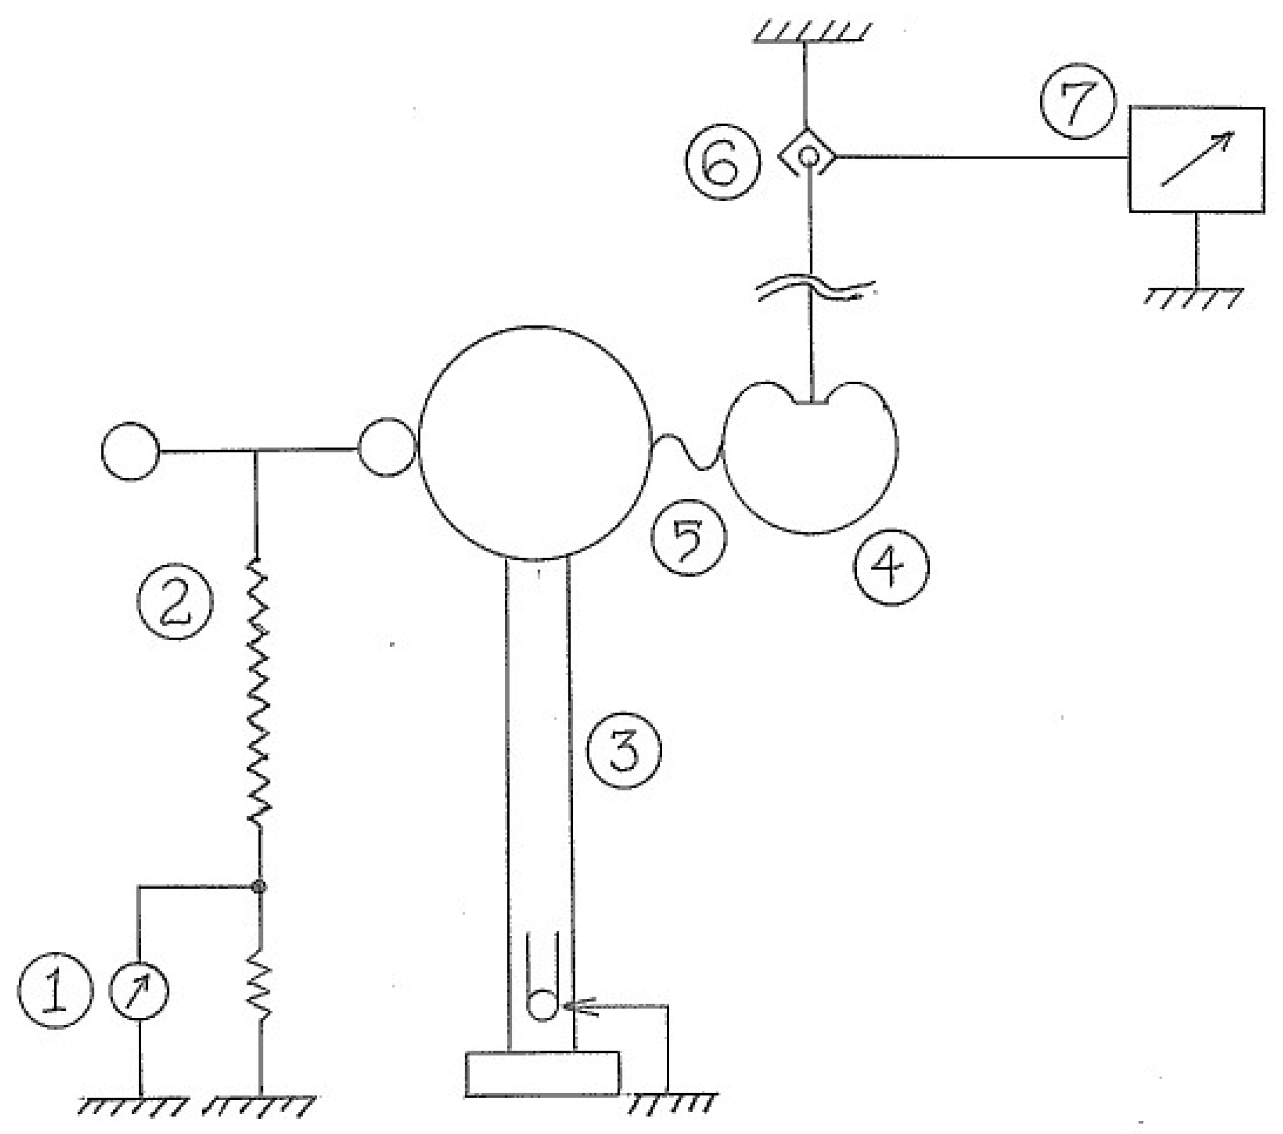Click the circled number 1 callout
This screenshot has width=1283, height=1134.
55,990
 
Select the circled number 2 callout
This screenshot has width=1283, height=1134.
175,601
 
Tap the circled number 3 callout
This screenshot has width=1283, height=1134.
624,750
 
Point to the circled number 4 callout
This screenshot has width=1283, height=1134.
890,567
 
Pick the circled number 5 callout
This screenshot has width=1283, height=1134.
689,538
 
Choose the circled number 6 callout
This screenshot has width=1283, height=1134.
722,162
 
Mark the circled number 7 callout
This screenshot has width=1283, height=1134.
1078,101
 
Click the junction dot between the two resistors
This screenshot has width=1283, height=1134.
259,887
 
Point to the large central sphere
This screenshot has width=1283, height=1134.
535,443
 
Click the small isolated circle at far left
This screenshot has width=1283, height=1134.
130,451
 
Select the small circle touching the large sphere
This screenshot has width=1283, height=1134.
386,447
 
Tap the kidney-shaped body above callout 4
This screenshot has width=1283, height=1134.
810,458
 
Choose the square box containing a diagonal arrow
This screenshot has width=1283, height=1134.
1196,160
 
